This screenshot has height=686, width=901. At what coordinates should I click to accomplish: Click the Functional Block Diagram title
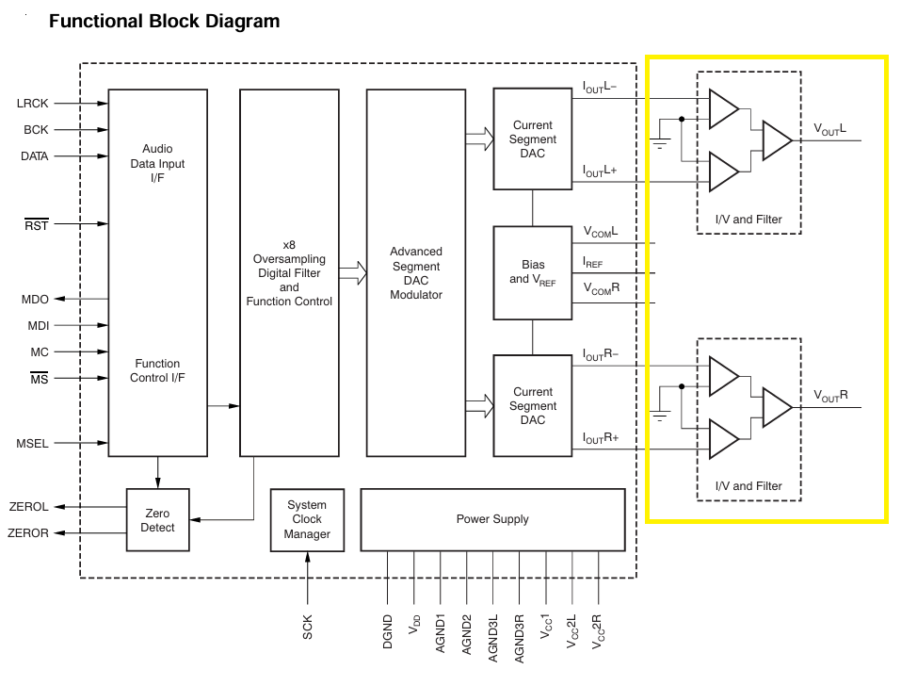[164, 21]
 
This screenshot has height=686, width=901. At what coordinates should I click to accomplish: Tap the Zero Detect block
[157, 520]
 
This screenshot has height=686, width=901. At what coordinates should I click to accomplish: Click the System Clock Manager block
[307, 519]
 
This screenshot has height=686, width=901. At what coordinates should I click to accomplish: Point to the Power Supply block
[492, 519]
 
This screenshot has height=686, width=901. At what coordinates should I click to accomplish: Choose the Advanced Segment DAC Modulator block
[415, 273]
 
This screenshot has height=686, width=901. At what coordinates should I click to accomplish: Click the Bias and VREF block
[532, 272]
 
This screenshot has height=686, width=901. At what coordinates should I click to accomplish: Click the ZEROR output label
[28, 533]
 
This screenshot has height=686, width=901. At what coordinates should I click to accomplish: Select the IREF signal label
[593, 264]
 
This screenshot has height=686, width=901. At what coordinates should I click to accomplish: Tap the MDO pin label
[35, 299]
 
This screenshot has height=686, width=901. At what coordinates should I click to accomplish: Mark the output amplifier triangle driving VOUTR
[778, 407]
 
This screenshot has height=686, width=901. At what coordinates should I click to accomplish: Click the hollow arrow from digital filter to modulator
[353, 273]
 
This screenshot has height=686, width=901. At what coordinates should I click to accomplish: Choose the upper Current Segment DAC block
[532, 139]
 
